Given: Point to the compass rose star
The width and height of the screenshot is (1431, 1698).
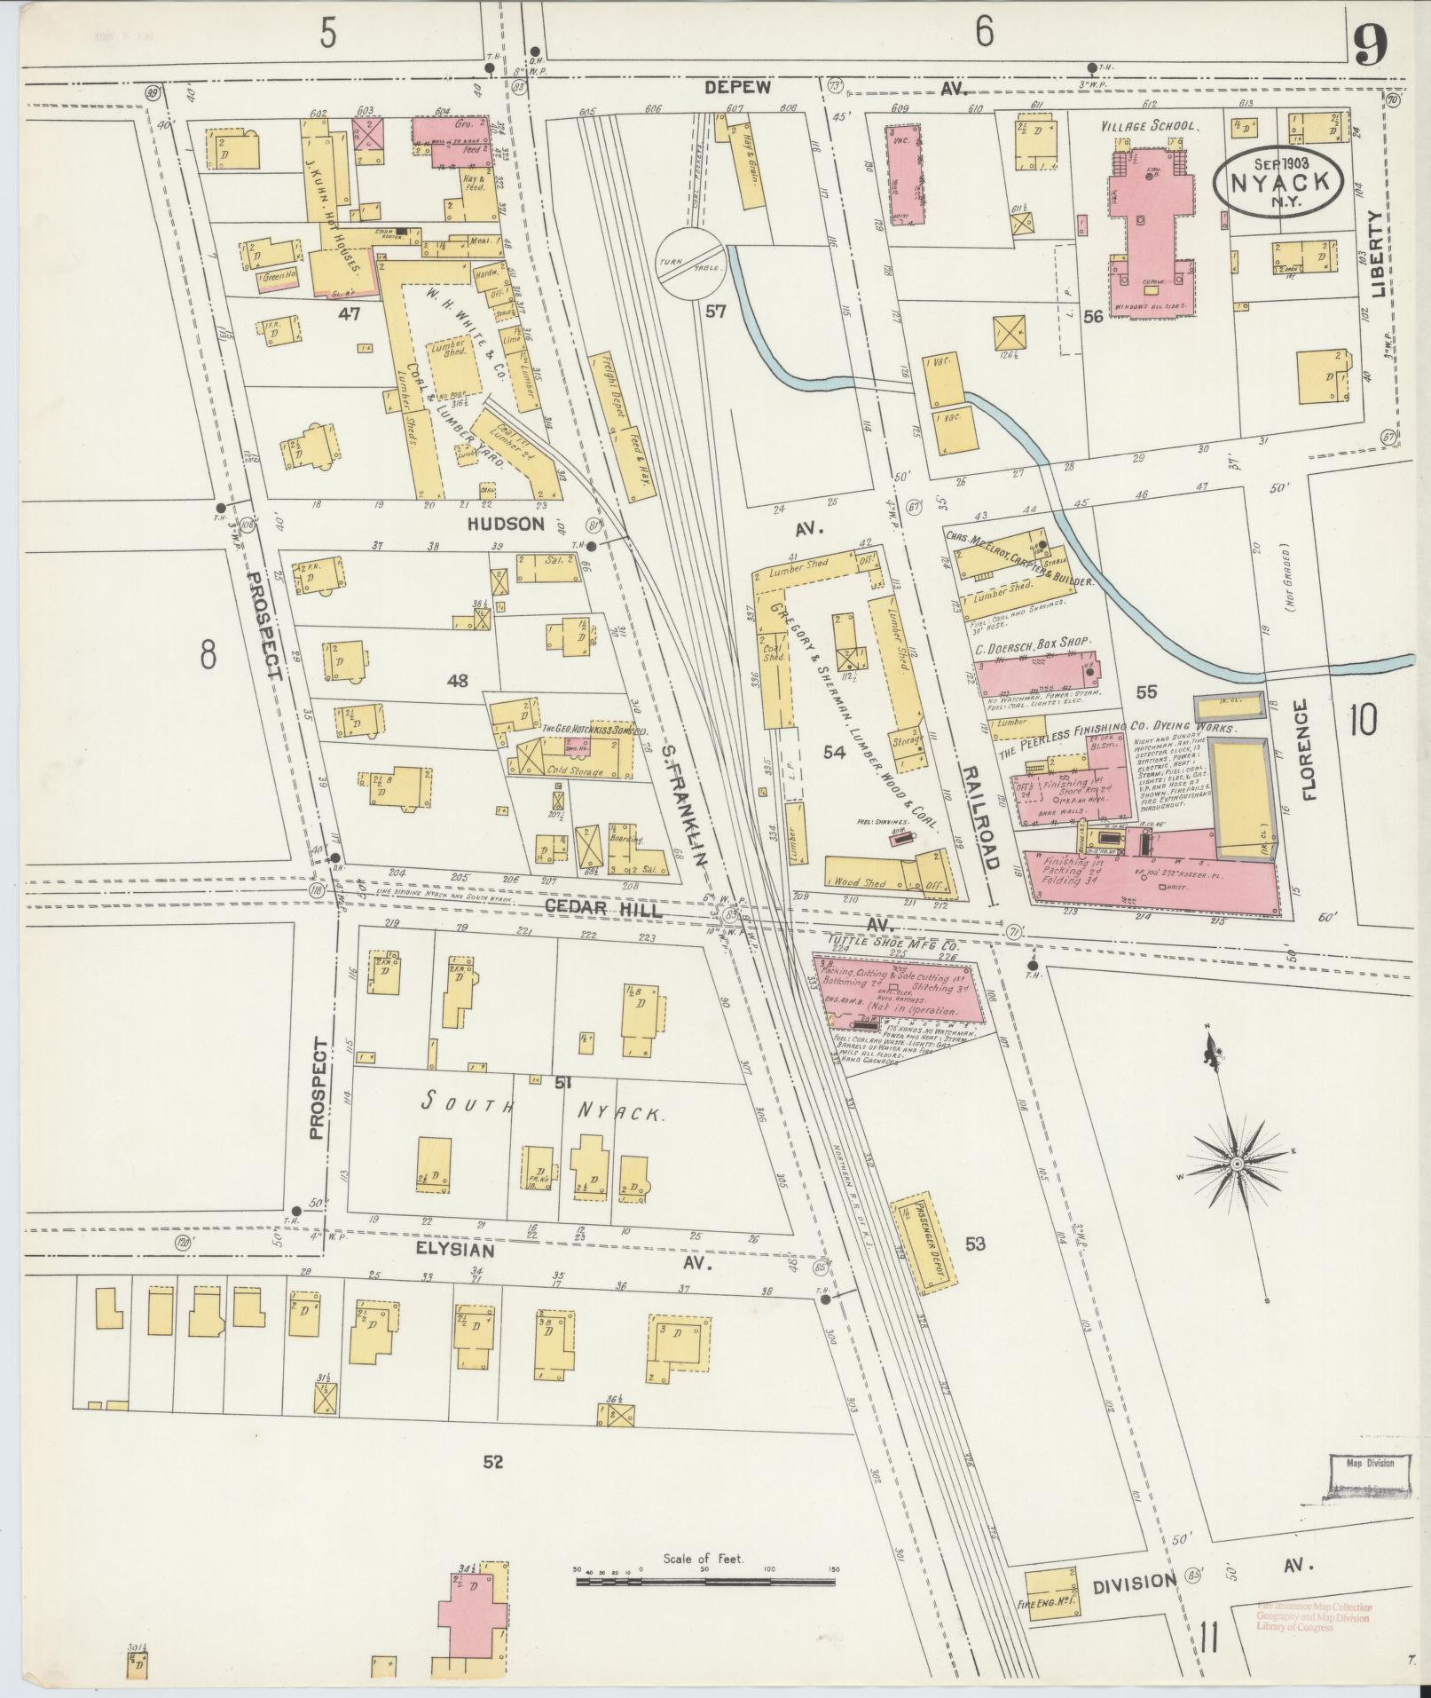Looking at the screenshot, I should [1236, 1163].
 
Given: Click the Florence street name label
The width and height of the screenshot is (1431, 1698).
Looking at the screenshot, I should [1309, 750].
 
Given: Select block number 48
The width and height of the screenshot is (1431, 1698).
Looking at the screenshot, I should [458, 681].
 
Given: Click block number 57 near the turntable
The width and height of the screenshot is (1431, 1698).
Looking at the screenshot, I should [716, 312].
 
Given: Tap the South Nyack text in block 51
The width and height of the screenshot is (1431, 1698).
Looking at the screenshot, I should [541, 1108].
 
